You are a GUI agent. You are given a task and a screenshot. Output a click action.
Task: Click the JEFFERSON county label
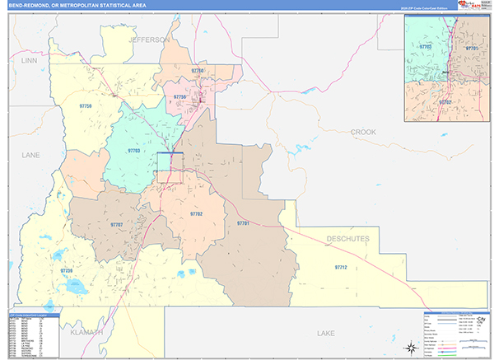[x=148, y=39]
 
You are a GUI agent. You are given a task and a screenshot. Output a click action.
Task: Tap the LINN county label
[x=30, y=60]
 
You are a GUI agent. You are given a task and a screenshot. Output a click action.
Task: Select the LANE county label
[x=30, y=154]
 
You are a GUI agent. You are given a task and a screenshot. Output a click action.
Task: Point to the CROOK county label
[x=362, y=132]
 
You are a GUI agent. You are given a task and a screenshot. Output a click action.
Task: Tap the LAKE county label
[x=324, y=332]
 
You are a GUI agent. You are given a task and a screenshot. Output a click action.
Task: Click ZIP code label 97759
[x=85, y=106]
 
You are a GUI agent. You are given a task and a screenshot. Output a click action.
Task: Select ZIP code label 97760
[x=198, y=72]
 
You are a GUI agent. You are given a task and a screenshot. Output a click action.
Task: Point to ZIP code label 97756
[x=179, y=97]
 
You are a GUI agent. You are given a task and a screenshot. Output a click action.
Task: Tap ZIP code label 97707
[x=116, y=224]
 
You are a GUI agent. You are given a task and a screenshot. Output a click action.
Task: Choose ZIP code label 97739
[x=67, y=270]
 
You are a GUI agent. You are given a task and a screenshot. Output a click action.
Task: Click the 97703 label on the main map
[x=134, y=151]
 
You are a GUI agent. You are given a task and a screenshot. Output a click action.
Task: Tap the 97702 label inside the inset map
[x=445, y=101]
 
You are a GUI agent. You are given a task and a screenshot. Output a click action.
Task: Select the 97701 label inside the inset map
[x=471, y=49]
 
